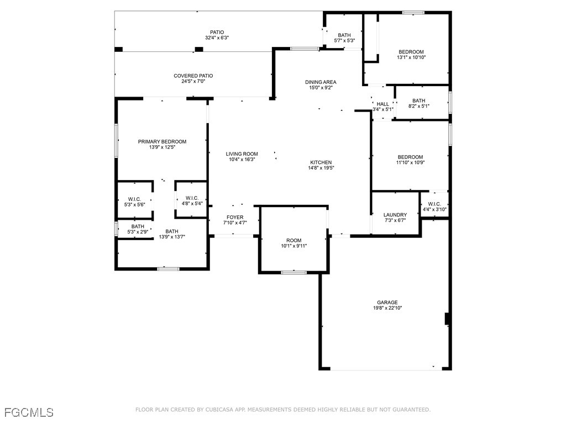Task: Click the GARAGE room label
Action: [x=387, y=303]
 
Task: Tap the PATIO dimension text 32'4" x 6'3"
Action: [x=217, y=38]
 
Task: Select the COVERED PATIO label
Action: [x=193, y=76]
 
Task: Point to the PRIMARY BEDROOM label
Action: [x=162, y=142]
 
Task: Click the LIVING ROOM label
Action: [x=242, y=154]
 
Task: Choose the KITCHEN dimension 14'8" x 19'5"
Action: [x=321, y=168]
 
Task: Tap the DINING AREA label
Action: [x=321, y=82]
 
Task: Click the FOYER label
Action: [x=235, y=218]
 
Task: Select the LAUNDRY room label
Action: [x=395, y=215]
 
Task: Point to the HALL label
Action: [x=382, y=104]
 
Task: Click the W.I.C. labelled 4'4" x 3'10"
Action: [x=434, y=204]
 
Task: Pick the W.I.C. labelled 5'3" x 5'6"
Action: [x=134, y=199]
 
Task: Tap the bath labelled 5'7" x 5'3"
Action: [x=344, y=35]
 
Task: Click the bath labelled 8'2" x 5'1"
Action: [x=419, y=100]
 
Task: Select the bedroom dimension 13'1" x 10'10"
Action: [x=411, y=57]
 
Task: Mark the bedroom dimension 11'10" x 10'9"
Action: [x=411, y=163]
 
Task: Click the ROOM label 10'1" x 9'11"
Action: [x=294, y=241]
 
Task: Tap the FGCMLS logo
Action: [x=29, y=412]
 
